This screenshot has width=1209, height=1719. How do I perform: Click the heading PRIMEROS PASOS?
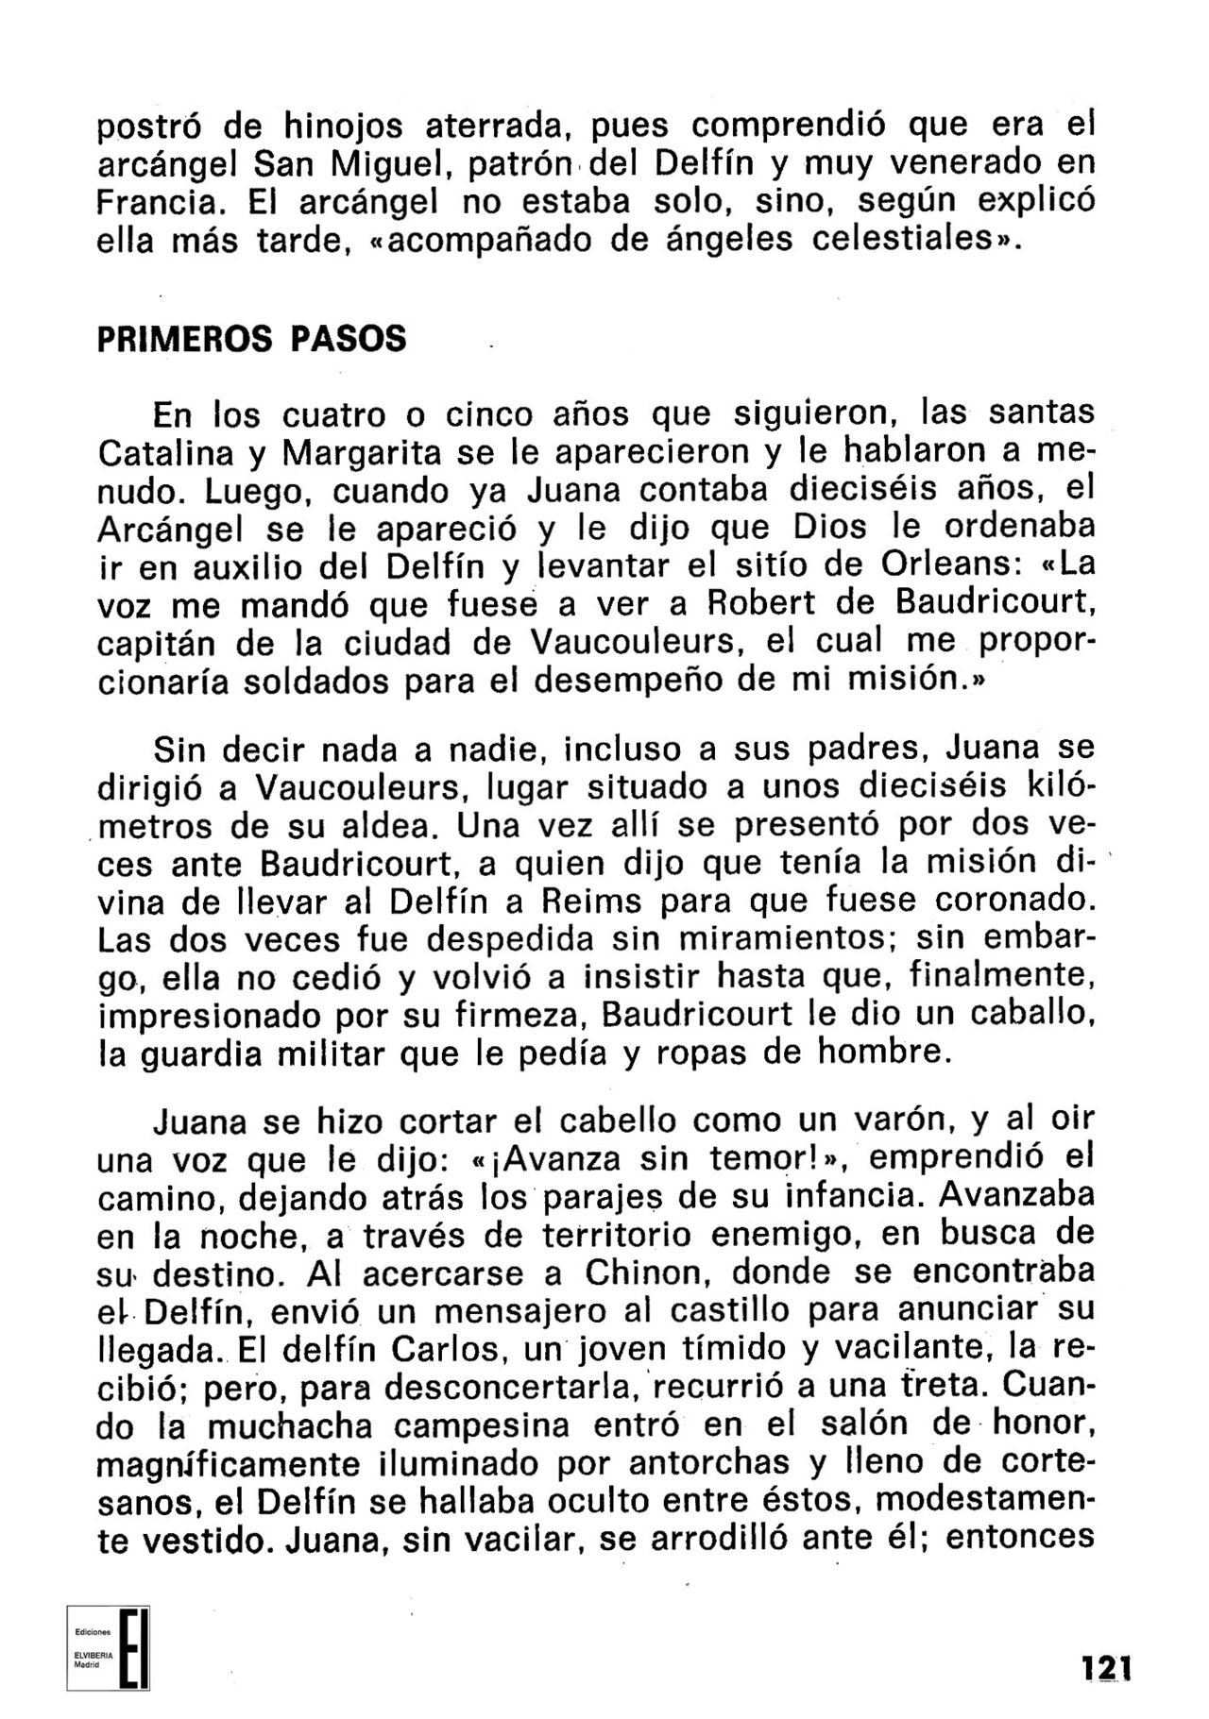click(x=252, y=339)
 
